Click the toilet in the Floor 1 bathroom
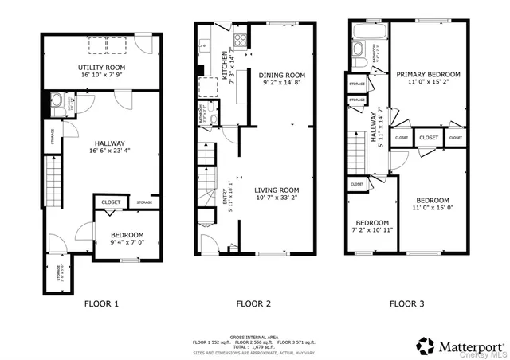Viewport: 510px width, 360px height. [x=55, y=101]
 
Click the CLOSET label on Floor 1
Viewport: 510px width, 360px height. [x=111, y=203]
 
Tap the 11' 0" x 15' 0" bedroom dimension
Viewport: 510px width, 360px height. [x=430, y=209]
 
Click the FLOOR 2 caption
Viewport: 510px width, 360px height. [x=253, y=303]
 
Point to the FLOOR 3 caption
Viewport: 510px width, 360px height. [x=407, y=303]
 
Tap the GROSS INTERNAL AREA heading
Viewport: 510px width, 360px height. [x=253, y=336]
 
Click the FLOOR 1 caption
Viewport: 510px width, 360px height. [x=101, y=303]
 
